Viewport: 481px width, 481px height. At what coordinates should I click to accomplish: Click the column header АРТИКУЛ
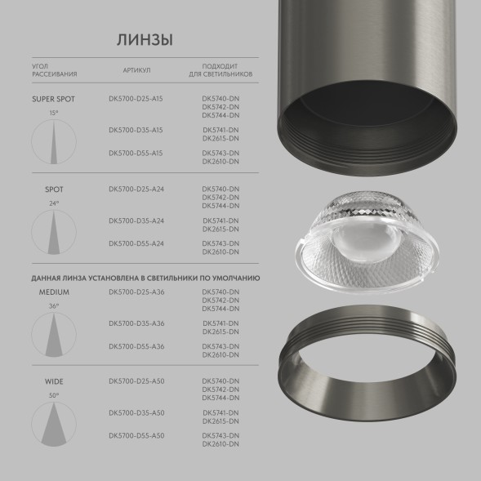136,71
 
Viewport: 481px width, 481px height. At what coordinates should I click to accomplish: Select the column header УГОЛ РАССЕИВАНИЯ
55,71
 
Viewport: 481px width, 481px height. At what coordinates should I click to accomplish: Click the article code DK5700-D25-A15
136,99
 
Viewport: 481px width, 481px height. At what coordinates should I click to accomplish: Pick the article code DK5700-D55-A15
136,154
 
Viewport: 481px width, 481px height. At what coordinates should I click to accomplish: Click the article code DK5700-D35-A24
136,220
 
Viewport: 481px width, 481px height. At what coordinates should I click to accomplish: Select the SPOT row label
54,189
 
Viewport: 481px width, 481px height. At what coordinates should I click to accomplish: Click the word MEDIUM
54,292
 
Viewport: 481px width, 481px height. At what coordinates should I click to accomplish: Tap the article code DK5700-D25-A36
136,292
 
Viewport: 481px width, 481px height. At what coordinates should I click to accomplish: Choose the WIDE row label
54,381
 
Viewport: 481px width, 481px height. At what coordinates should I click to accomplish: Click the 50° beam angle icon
54,425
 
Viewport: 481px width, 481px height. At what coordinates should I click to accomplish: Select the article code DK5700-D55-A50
136,435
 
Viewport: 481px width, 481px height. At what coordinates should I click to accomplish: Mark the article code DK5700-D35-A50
136,412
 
